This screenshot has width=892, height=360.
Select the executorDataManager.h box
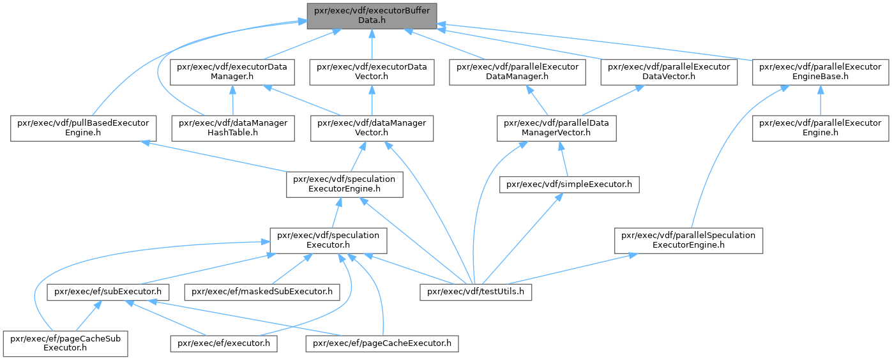point(232,72)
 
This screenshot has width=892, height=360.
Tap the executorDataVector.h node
point(372,72)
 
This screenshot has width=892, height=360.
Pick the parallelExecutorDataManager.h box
point(517,72)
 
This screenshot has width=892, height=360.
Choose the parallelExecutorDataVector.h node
point(669,72)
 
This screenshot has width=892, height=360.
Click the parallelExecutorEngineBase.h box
point(820,72)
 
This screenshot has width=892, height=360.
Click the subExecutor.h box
point(108,292)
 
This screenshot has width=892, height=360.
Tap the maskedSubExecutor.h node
point(262,292)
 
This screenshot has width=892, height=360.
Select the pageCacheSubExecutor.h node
point(65,343)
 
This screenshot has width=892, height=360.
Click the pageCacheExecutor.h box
point(382,343)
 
